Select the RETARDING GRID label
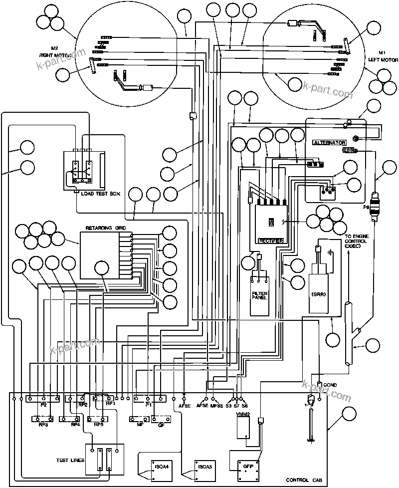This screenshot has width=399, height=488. [x=106, y=228]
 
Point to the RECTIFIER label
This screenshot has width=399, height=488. [x=271, y=241]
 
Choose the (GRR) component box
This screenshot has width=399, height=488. [x=319, y=293]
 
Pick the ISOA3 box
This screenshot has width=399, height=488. [x=205, y=467]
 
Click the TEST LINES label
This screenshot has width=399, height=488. [x=70, y=460]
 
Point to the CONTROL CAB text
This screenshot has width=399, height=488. [x=304, y=480]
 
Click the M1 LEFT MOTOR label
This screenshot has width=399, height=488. [x=382, y=56]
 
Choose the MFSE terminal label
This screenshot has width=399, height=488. [x=216, y=406]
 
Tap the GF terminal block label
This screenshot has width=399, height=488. [x=161, y=425]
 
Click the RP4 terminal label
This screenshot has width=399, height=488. [x=75, y=425]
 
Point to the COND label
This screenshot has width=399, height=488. [x=330, y=385]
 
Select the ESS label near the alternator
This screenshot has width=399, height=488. [x=348, y=150]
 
